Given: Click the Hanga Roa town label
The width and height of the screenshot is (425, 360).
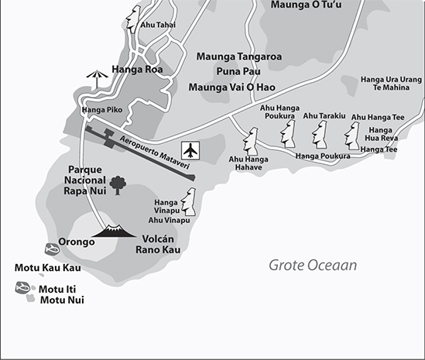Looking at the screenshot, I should coord(136,68).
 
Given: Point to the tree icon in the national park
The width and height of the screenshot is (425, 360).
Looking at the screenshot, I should coord(118,184).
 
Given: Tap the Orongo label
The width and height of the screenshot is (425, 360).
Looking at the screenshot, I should coord(76,242).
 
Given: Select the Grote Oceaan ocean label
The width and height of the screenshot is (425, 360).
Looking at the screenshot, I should coord(313,266).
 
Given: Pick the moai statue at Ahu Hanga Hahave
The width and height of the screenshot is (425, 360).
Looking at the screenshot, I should coord(251,140).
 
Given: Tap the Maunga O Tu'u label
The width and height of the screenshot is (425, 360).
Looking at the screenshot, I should coord(306,5).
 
